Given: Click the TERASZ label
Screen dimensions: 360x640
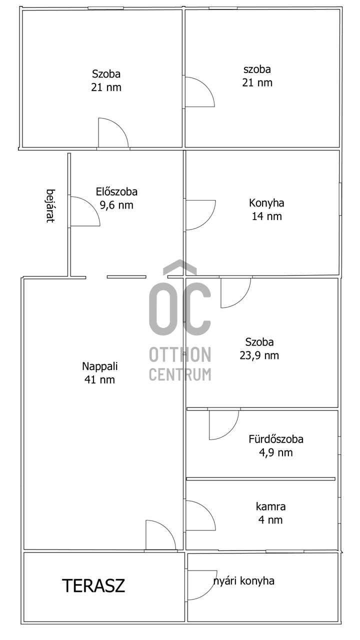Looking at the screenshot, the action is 93,585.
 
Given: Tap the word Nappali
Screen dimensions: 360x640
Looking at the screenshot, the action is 99,366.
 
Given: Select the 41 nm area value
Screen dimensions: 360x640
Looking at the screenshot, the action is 99,379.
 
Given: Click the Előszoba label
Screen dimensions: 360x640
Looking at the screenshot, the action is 116,191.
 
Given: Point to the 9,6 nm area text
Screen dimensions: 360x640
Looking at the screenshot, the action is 116,205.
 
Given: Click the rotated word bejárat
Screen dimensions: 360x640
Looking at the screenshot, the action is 50,205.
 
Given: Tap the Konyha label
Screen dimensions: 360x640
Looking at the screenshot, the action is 266,203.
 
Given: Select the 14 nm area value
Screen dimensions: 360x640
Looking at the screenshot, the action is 266,216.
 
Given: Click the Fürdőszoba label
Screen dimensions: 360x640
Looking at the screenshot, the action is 276,439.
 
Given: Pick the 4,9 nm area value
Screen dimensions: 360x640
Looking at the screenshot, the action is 276,452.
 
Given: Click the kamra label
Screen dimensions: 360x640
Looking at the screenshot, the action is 270,506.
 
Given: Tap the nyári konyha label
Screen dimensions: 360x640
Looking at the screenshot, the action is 244,581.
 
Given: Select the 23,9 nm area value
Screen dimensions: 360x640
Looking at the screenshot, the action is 259,355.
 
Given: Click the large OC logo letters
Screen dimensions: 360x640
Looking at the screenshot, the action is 180,308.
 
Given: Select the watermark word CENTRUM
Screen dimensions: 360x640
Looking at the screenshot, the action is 180,374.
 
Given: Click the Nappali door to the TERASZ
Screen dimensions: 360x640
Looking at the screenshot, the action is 168,527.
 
